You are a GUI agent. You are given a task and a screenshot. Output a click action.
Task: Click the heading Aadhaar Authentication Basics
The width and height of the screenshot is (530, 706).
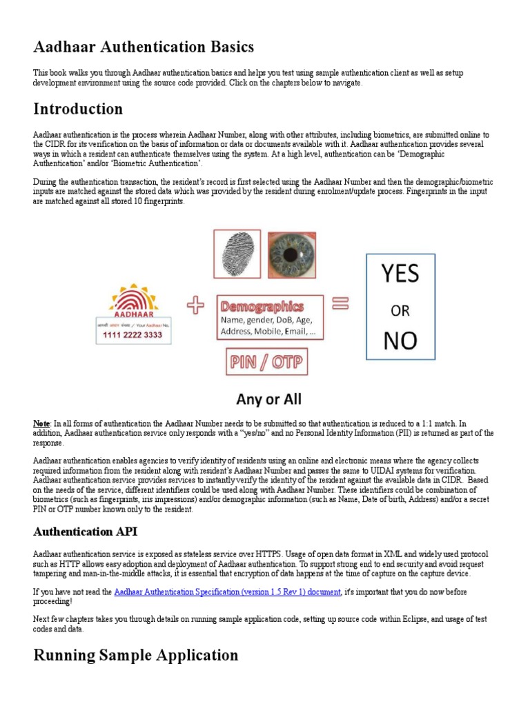[x=144, y=47]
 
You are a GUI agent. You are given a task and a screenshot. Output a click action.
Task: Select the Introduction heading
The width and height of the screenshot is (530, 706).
[x=78, y=109]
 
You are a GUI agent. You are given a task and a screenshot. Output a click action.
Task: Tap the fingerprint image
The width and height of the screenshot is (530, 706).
[x=236, y=254]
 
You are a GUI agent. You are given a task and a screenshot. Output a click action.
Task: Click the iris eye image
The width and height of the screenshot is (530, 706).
[x=291, y=254]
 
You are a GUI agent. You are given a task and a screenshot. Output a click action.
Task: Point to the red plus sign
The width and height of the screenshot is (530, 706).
[x=196, y=305]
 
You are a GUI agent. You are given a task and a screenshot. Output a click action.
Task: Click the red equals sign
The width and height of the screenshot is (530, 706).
[x=340, y=303]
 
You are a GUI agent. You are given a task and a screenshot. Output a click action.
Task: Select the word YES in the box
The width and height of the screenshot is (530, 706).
[x=400, y=274]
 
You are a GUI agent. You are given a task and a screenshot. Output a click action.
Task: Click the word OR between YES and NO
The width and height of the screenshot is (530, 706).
[x=400, y=310]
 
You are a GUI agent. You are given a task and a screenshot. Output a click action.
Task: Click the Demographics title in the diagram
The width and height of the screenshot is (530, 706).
[x=262, y=305]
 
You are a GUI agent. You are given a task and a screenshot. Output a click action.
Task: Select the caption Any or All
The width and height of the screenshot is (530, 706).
[x=268, y=399]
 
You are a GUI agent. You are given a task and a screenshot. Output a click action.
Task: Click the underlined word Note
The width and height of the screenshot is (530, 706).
[x=41, y=423]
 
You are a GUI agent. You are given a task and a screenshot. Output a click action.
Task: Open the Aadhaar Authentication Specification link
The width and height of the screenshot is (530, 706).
[x=227, y=592]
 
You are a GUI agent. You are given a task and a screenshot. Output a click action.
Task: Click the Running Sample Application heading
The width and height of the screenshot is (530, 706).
[x=136, y=655]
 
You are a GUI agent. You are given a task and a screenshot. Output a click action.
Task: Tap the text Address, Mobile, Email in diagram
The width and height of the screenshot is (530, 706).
[x=268, y=332]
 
